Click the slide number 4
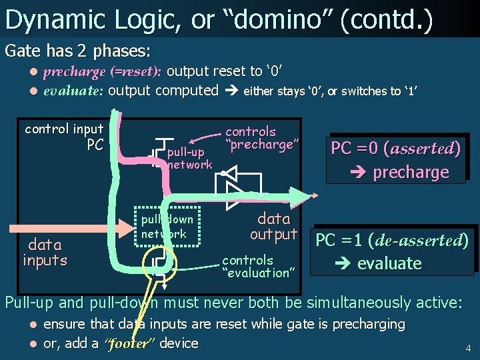pos(468,347)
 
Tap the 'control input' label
pos(64,129)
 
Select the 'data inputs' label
pos(45,253)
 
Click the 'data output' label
pos(273,226)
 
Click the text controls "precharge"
pos(260,138)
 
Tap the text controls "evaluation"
pos(257,266)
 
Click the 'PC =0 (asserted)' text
pos(395,148)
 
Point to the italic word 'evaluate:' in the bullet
pos(73,91)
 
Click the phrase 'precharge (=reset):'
pos(103,72)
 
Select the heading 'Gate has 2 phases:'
pos(77,50)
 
